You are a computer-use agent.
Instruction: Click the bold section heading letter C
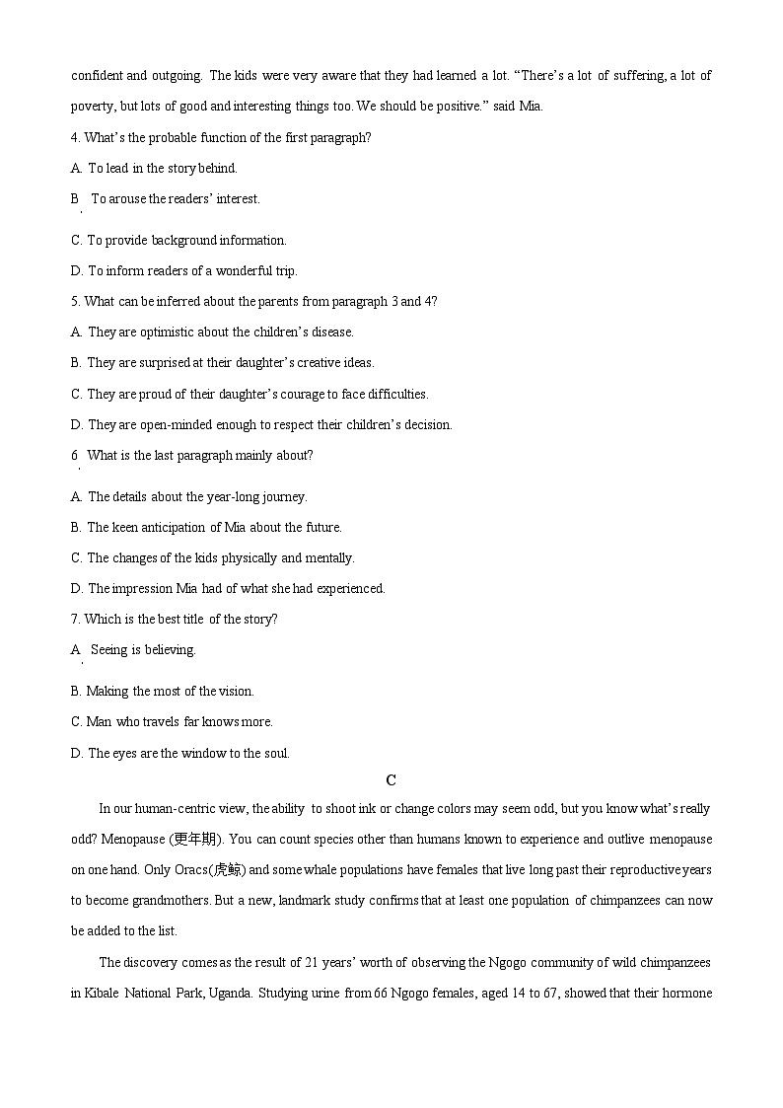391,780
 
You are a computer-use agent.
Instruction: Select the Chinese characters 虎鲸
223,870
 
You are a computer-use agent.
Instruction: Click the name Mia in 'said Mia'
531,106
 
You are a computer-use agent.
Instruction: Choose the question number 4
75,137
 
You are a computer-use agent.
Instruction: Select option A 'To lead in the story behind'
162,168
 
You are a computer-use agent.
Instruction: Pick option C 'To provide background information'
186,240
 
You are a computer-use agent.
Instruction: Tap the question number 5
75,301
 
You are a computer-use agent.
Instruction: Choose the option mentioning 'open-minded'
269,424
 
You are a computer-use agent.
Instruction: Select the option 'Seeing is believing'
143,649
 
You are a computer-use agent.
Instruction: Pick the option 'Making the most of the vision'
170,691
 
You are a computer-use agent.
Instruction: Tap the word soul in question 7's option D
274,753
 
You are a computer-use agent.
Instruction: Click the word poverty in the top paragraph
94,106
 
